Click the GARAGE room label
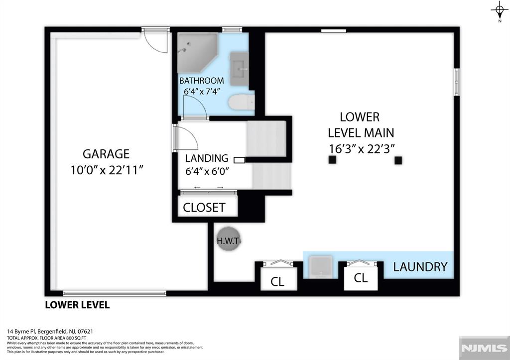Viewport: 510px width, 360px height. tap(106, 153)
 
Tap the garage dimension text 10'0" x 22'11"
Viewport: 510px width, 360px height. tap(107, 170)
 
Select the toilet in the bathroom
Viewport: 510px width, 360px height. tap(242, 102)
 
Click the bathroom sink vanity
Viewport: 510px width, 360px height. tap(240, 69)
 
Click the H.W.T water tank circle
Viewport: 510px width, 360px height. tap(228, 241)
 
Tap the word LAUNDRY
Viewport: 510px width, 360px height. tap(420, 267)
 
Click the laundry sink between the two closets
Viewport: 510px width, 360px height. tap(320, 267)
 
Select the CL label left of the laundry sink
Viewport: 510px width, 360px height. tap(277, 282)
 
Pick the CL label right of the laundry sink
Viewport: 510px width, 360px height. tap(361, 278)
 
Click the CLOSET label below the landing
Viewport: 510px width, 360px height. tap(204, 208)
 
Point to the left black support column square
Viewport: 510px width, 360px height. tap(332, 160)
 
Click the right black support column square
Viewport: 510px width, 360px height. tap(398, 160)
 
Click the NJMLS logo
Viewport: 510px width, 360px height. tap(484, 348)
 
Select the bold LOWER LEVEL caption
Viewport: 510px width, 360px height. tap(77, 305)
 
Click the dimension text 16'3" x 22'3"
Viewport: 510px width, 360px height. tap(362, 149)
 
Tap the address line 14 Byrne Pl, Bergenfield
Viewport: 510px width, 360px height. tap(50, 332)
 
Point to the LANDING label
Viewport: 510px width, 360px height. tap(207, 158)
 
